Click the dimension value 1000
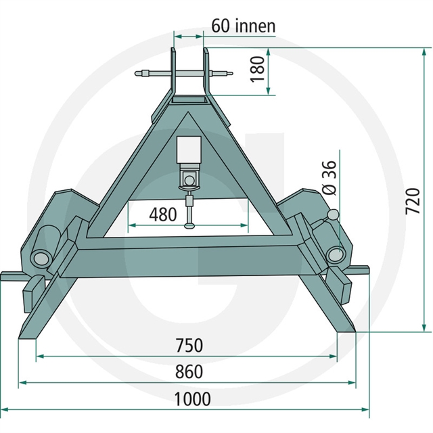point(192,398)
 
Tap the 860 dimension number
point(189,371)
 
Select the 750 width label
point(189,345)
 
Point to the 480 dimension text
point(163,214)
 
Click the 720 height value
point(413,202)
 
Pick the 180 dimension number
point(258,69)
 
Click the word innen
point(256,26)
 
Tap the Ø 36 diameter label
point(329,178)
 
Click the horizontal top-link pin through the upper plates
point(184,74)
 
